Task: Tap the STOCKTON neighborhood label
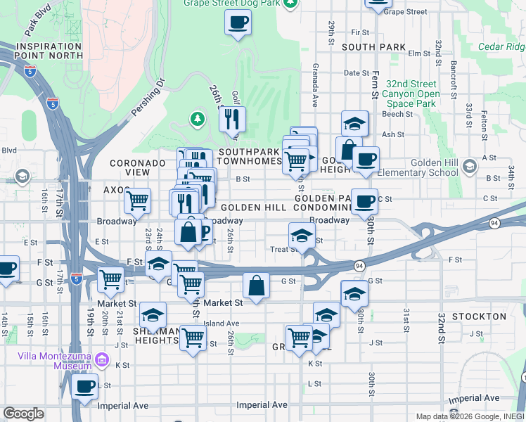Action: click(479, 316)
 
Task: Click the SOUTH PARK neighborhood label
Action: click(373, 47)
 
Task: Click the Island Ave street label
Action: click(222, 324)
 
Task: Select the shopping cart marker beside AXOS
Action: click(138, 200)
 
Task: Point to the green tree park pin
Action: click(198, 117)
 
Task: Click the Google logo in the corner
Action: click(23, 414)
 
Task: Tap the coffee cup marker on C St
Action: click(364, 201)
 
